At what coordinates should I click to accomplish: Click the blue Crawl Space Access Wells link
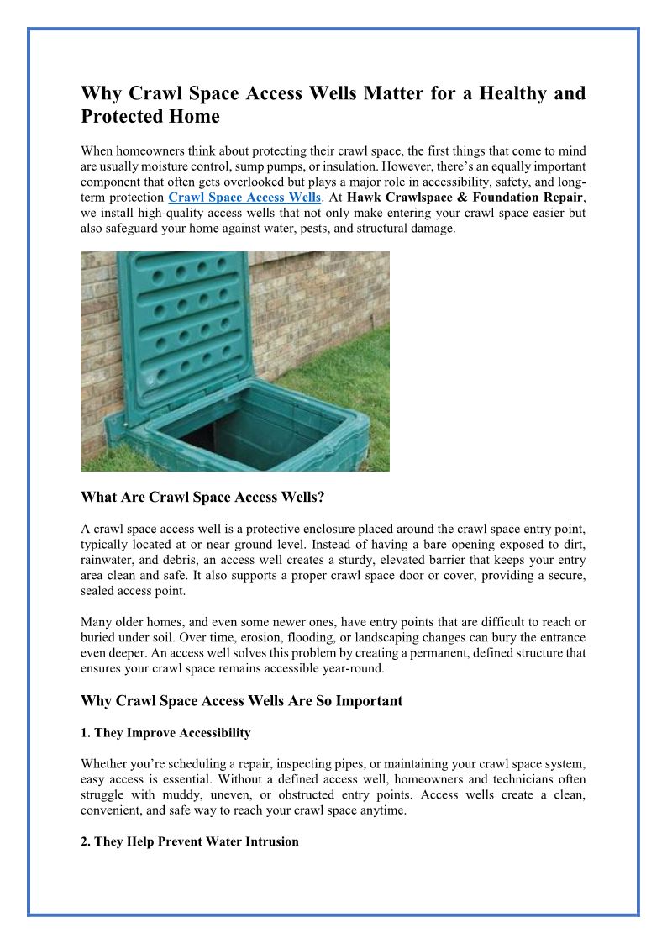[x=244, y=198]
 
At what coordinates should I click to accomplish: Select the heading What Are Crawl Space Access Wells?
[x=202, y=498]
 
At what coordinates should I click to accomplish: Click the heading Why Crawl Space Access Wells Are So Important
[x=241, y=700]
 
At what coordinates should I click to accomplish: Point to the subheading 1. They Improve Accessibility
[x=165, y=733]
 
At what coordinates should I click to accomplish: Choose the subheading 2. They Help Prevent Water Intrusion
[x=189, y=841]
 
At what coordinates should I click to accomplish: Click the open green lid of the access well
[x=188, y=328]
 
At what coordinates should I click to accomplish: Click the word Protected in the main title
[x=123, y=117]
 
